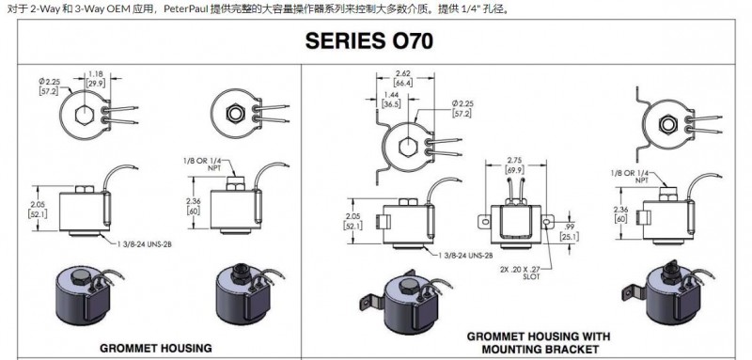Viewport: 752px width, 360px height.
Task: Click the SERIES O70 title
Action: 368,41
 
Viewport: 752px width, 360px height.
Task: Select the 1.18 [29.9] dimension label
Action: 92,79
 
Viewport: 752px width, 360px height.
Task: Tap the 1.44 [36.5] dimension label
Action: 391,101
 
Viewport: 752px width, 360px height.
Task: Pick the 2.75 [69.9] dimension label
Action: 514,164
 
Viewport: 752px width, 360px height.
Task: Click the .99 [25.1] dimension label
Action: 570,231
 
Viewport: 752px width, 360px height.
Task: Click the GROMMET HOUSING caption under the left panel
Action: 156,348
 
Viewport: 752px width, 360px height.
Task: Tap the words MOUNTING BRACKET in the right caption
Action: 540,350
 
